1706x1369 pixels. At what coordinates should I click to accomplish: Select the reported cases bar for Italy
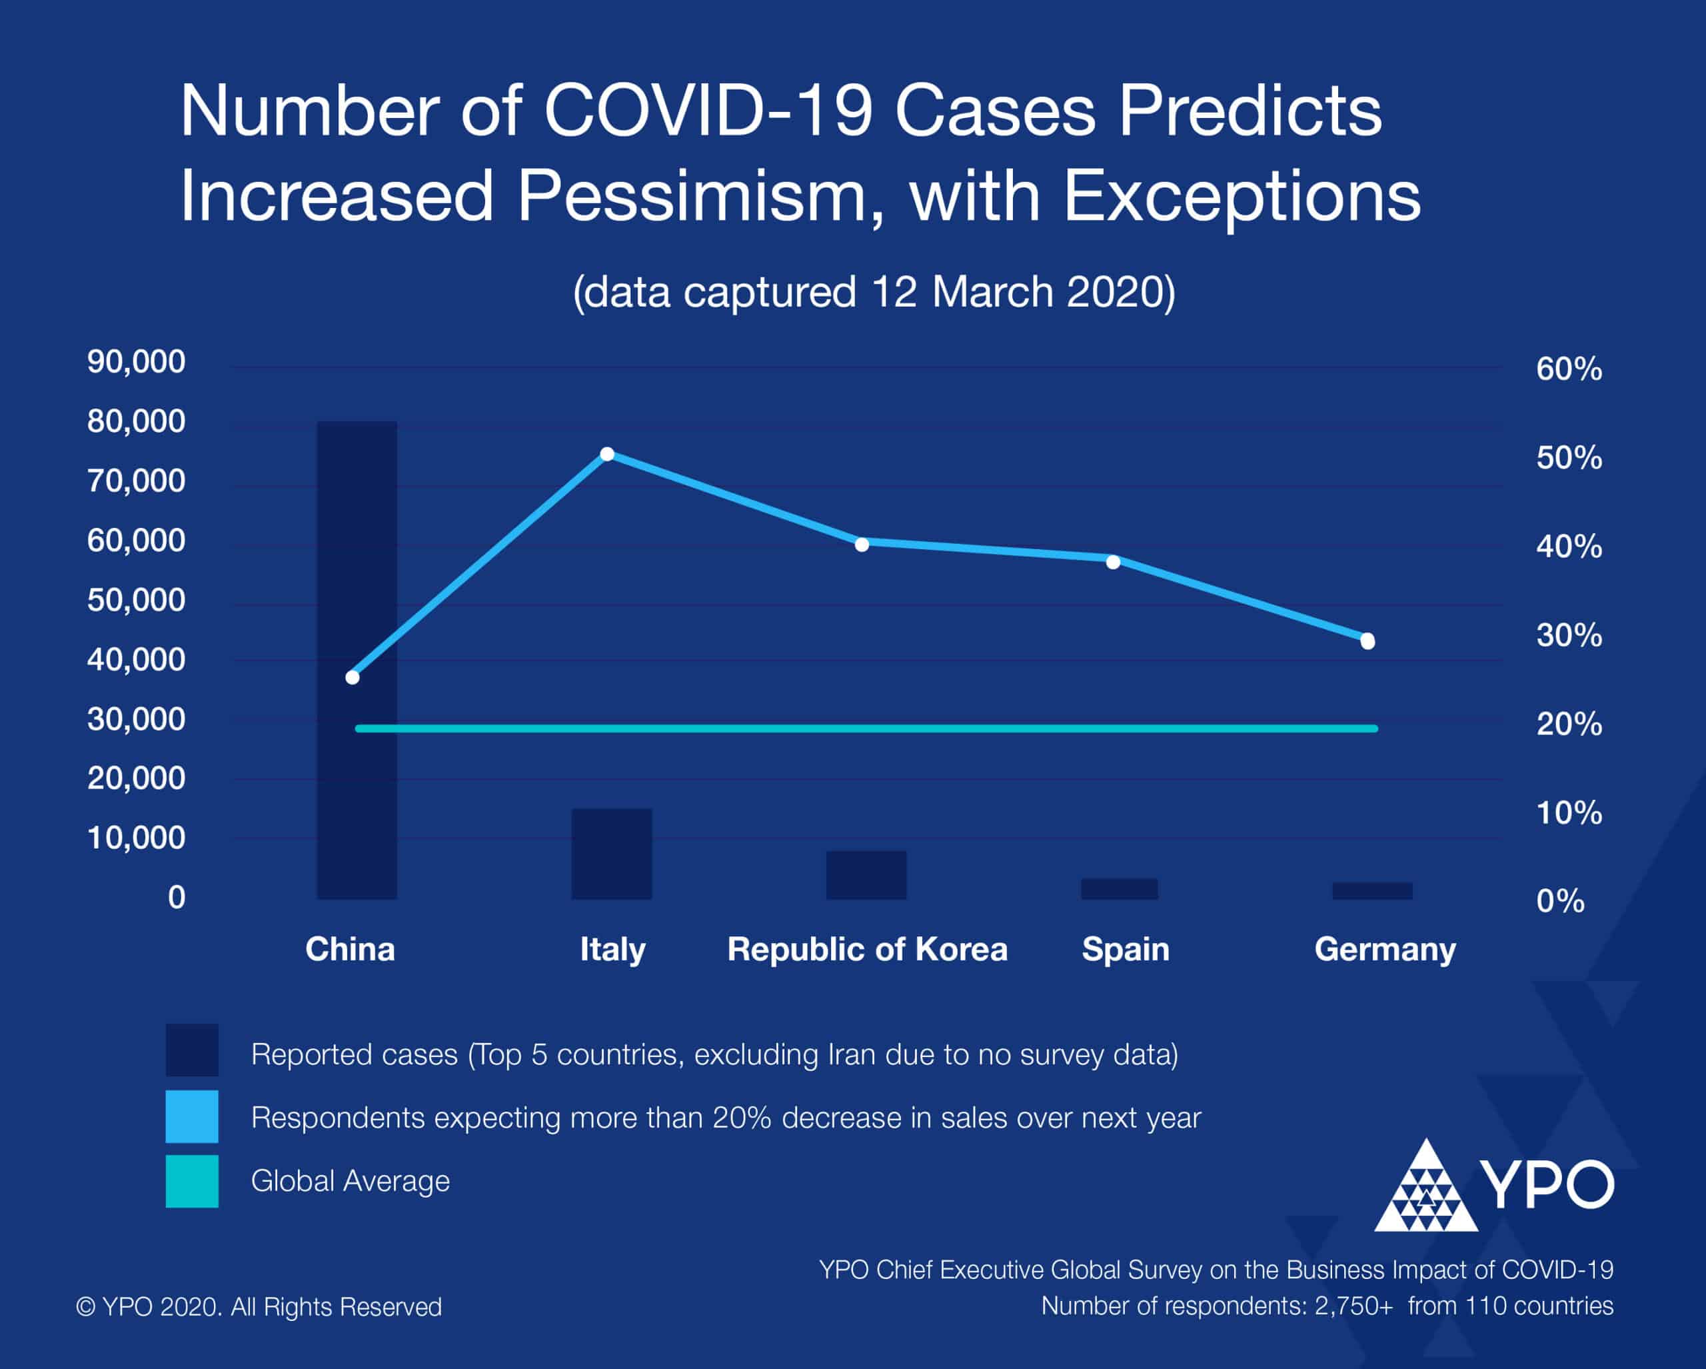(612, 854)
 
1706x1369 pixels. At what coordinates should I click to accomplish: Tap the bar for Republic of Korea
(866, 875)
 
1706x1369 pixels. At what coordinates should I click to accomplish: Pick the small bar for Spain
(1119, 888)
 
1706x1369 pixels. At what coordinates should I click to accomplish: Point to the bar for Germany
(1372, 891)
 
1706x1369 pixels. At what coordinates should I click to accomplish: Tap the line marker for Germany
(1367, 641)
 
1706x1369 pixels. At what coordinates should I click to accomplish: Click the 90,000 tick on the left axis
(136, 362)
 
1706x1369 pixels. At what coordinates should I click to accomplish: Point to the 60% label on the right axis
(1569, 369)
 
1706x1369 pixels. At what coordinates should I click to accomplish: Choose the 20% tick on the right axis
(1569, 724)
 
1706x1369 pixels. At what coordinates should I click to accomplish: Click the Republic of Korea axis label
(867, 949)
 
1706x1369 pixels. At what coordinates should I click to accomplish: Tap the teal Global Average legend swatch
(191, 1180)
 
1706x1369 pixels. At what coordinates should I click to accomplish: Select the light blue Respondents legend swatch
(191, 1116)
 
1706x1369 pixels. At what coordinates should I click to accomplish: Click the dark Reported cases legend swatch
(191, 1050)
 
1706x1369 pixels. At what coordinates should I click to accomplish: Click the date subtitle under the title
(874, 292)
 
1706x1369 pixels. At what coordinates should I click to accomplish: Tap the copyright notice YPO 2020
(259, 1306)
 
